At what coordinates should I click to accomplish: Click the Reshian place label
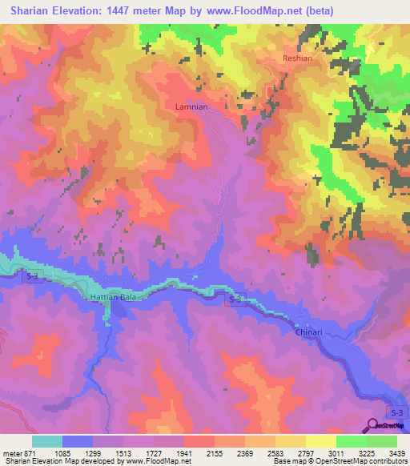point(296,59)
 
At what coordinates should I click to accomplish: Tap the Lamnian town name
point(191,106)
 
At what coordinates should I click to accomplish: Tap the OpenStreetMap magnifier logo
point(373,426)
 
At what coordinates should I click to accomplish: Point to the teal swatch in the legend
point(47,441)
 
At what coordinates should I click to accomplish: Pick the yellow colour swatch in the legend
point(320,441)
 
